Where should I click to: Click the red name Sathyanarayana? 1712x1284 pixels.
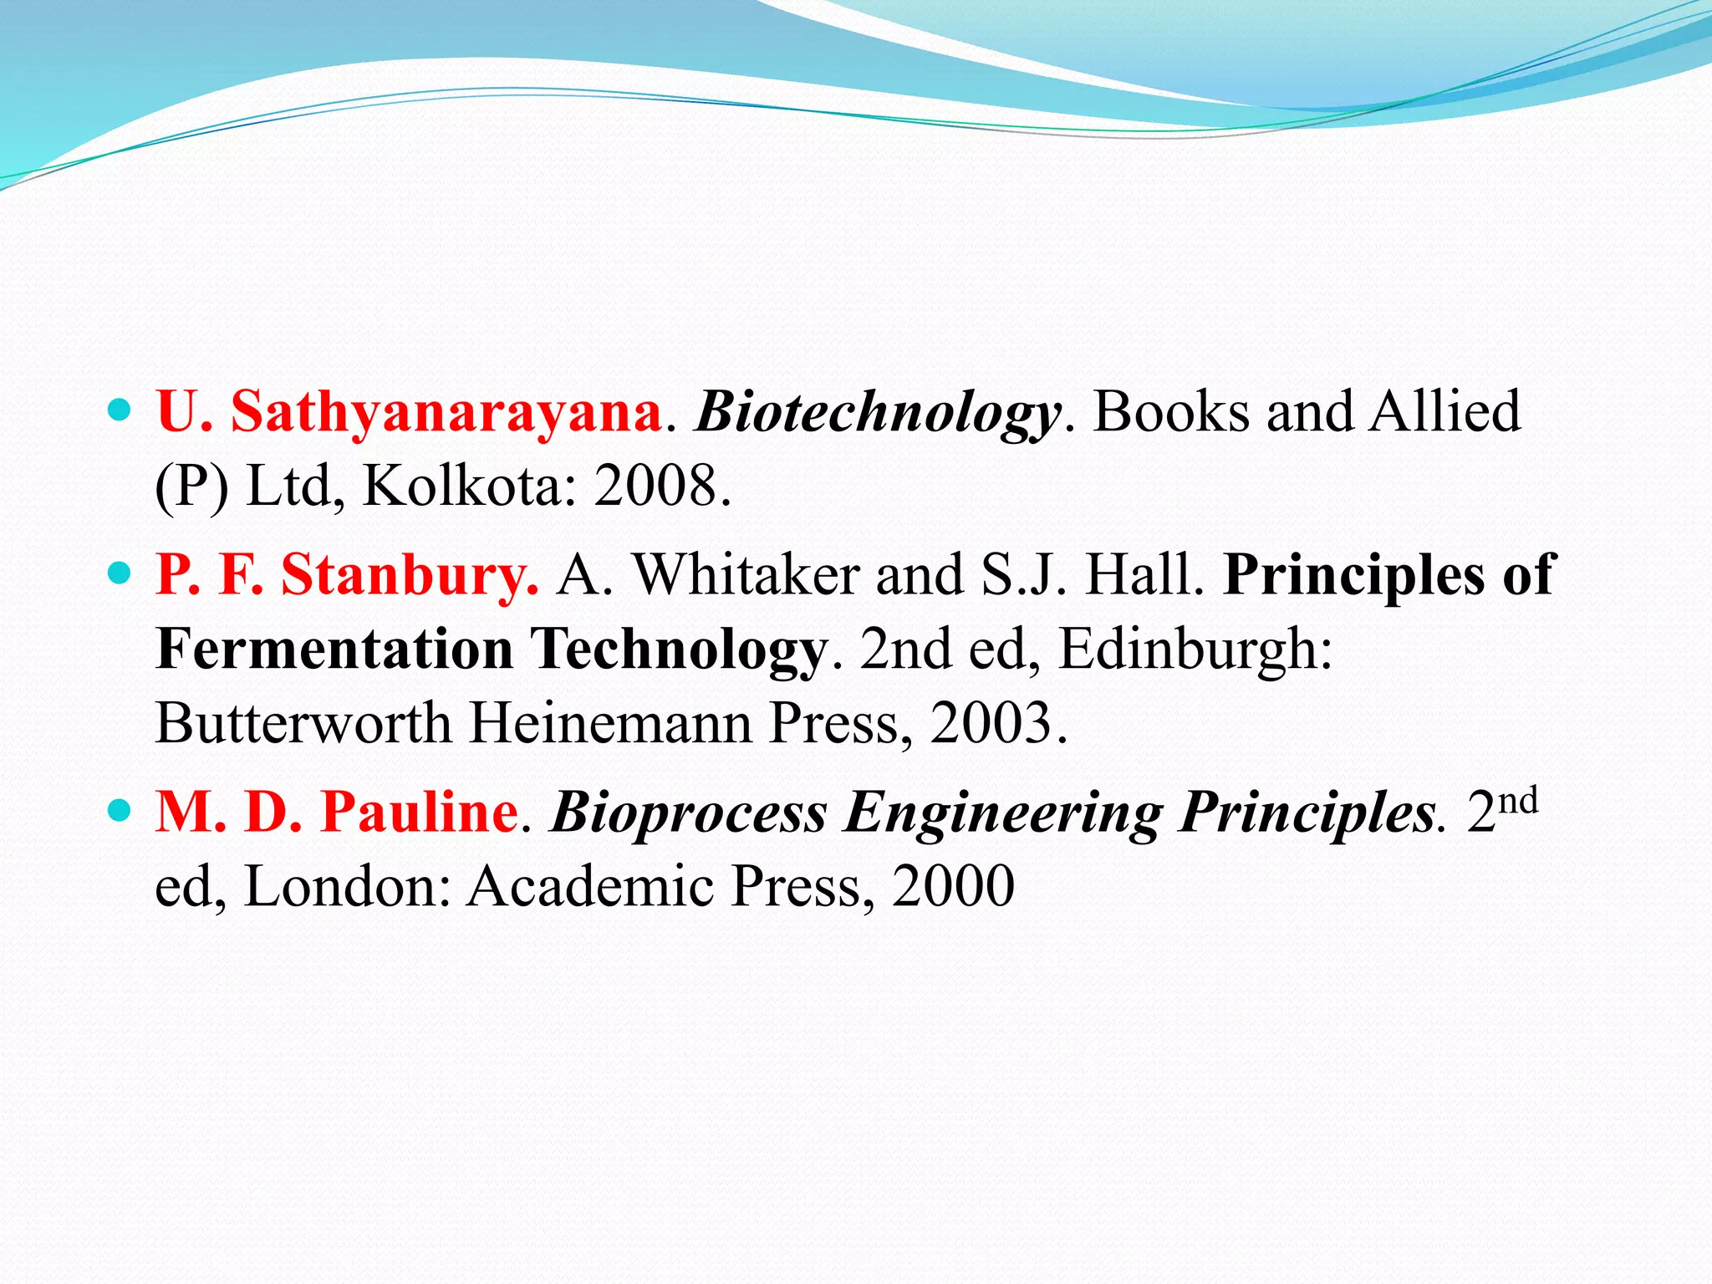(446, 413)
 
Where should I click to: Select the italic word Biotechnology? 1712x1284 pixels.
(879, 413)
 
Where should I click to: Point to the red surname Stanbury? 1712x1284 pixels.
(410, 576)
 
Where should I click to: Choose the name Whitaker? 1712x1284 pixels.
(746, 576)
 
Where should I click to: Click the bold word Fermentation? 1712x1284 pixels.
(334, 650)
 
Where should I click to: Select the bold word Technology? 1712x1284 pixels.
(679, 650)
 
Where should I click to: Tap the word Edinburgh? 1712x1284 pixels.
(1195, 650)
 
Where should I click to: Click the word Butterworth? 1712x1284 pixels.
(303, 723)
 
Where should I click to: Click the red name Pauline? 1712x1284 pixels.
(420, 813)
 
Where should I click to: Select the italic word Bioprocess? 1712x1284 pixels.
(689, 813)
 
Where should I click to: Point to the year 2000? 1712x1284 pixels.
(954, 886)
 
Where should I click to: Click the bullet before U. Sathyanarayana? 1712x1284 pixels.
(120, 410)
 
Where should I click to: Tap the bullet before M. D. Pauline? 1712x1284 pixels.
(120, 810)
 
